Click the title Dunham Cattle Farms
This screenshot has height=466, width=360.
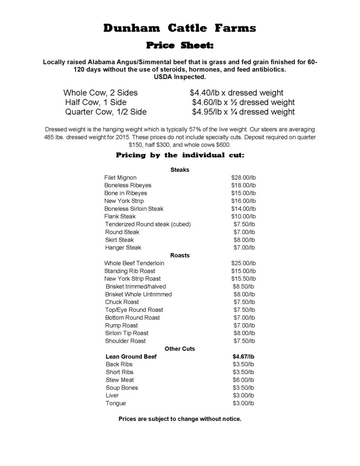[180, 28]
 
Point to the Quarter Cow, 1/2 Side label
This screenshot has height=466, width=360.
[106, 112]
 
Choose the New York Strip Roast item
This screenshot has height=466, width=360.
[132, 279]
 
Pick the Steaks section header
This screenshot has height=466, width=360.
[180, 170]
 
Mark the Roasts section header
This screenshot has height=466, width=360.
[180, 255]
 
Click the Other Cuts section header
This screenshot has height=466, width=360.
[180, 349]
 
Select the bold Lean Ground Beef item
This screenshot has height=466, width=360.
[131, 357]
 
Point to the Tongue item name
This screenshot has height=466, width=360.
[116, 403]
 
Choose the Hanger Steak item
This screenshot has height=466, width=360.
[123, 248]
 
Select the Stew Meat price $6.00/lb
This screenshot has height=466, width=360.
[243, 380]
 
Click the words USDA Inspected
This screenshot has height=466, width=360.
[180, 77]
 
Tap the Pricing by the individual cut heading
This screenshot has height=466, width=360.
[180, 155]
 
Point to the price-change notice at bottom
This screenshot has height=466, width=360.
[180, 419]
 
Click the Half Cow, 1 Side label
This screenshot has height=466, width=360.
[96, 102]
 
